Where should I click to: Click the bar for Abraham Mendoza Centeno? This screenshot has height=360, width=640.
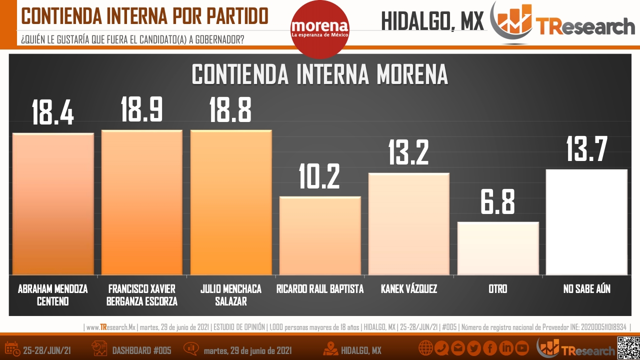click(x=53, y=203)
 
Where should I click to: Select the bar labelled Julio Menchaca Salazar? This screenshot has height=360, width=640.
click(x=231, y=202)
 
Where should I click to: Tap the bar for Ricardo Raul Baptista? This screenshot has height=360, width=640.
click(x=320, y=235)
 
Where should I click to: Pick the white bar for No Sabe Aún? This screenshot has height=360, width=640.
click(x=586, y=222)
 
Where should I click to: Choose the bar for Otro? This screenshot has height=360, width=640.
click(x=498, y=248)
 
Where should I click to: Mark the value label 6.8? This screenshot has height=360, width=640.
click(x=497, y=201)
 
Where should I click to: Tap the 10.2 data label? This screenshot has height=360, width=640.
click(x=319, y=176)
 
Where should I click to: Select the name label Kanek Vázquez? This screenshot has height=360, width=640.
click(x=409, y=289)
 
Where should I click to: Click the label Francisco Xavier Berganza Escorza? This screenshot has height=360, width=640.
click(x=141, y=295)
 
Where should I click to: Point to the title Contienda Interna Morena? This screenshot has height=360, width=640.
click(x=320, y=74)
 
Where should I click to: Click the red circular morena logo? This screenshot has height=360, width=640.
click(x=320, y=29)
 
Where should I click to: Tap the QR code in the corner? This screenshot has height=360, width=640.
click(x=628, y=348)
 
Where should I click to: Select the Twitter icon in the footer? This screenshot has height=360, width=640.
click(x=474, y=348)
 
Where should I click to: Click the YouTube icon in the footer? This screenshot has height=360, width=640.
click(x=522, y=348)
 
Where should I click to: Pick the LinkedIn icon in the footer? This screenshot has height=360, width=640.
click(x=506, y=348)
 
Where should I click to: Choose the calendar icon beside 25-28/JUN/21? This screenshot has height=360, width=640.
click(x=12, y=349)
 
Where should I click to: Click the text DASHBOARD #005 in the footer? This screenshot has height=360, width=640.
click(x=141, y=350)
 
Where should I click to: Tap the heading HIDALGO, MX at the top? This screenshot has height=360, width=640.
click(x=432, y=21)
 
